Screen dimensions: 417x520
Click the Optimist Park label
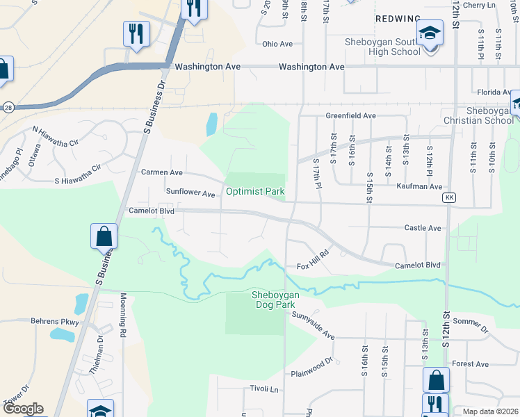254,190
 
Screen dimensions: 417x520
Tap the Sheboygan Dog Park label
275,300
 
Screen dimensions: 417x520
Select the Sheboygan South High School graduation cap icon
430,33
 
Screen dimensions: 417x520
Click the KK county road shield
450,197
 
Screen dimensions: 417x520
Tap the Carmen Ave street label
162,172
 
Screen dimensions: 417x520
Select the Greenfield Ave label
351,115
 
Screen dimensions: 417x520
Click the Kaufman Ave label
419,186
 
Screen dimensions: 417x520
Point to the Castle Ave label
423,228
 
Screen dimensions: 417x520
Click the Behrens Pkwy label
56,322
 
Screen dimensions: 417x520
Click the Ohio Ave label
277,44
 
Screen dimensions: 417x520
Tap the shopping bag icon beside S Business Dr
104,236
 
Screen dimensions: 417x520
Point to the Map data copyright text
491,411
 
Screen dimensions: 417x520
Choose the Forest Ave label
470,363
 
